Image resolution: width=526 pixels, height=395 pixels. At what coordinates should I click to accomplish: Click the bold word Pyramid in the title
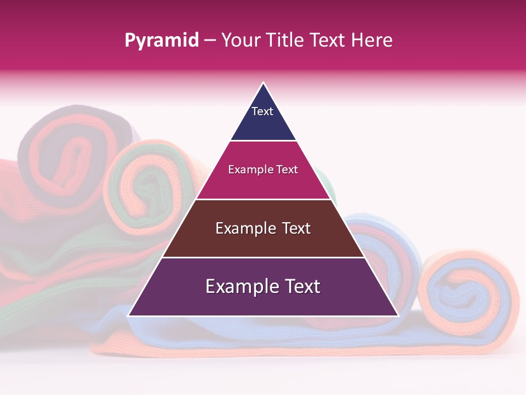coord(162,40)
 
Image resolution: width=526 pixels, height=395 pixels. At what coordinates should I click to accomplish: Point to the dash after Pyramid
coord(210,40)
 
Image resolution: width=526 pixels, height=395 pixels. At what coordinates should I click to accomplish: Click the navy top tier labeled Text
coord(263,118)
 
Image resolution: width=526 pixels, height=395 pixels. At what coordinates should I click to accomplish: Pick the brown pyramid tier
coord(263,236)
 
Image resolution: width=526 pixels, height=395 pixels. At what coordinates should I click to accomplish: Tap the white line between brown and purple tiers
coord(263,257)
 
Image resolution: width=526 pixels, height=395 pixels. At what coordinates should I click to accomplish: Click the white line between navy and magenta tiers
coord(263,141)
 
